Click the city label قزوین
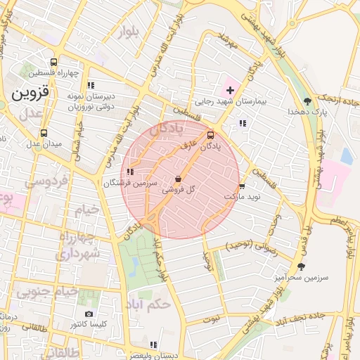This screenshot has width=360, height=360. point(30,92)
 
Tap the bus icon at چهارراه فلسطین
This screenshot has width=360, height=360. point(54,61)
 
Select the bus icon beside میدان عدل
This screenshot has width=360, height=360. point(44,132)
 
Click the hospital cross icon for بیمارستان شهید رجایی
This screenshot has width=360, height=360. point(230,90)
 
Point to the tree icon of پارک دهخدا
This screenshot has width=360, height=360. point(307,101)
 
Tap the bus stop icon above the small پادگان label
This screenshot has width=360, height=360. point(210,135)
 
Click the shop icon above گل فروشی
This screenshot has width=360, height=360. point(178,179)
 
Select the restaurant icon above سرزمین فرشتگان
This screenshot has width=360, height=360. point(129,171)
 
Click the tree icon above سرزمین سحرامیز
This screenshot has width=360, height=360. point(301,266)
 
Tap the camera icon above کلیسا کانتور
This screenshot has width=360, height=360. point(89,314)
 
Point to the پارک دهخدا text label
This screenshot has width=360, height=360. point(309,112)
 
